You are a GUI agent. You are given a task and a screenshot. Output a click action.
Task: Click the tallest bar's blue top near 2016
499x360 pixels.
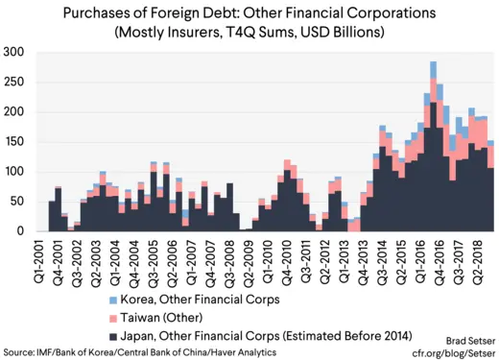(x=434, y=68)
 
